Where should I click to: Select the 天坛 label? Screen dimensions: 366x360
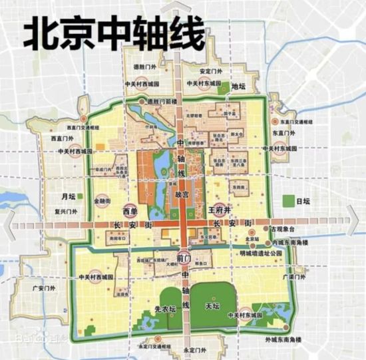pos(212,306)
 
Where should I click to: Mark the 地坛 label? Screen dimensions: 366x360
pos(240,86)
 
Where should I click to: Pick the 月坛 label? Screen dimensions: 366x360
pos(69,197)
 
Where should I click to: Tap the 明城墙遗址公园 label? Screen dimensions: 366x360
pos(272,254)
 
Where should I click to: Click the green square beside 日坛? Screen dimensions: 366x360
pos(287,201)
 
